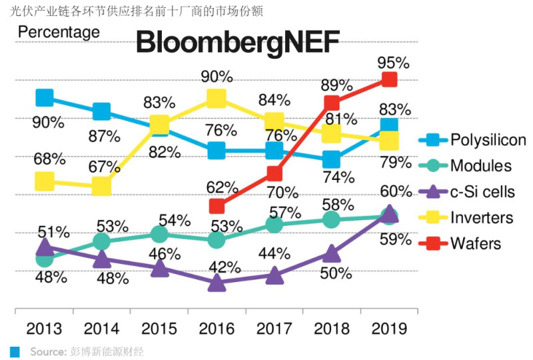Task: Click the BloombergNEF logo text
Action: tap(238, 44)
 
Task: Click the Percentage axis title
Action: tap(59, 32)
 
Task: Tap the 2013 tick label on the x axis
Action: tap(44, 329)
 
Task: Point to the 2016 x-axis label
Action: tap(217, 329)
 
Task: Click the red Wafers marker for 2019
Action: tap(390, 80)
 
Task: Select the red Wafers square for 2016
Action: tap(217, 206)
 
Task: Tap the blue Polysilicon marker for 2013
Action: tap(44, 99)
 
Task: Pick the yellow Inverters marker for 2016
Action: tap(217, 99)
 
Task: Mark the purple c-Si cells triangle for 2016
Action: tap(217, 283)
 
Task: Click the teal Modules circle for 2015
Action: tap(159, 234)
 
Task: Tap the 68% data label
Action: tap(49, 159)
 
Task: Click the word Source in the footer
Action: tap(47, 351)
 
